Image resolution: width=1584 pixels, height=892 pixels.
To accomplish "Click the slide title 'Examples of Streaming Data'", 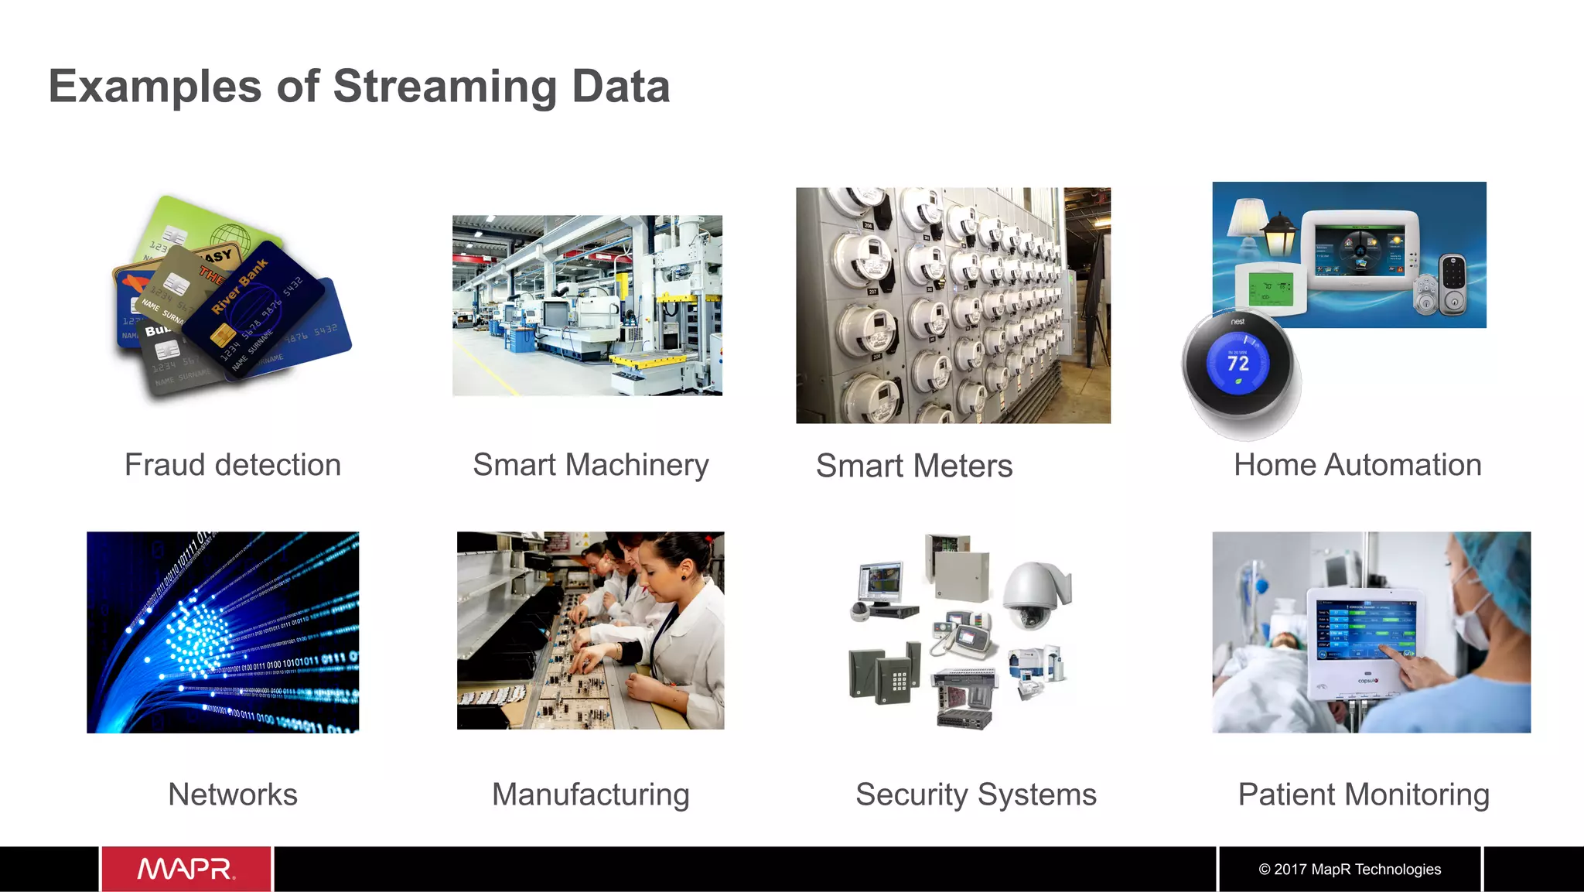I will (359, 86).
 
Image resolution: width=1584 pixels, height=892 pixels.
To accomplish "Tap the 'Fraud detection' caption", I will (233, 465).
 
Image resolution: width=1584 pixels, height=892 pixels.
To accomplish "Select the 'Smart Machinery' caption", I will (591, 465).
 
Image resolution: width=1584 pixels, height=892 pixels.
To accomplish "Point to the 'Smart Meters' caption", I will (914, 466).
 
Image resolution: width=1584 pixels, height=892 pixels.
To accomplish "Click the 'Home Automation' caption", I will (1357, 465).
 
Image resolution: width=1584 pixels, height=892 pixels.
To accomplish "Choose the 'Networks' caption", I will (233, 795).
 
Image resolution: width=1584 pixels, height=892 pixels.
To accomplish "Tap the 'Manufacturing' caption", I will (591, 795).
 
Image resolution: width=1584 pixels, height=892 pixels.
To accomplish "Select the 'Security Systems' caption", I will (976, 795).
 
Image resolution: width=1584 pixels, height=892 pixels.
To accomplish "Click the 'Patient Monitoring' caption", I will (1364, 795).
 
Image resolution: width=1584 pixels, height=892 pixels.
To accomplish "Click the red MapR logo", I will (186, 869).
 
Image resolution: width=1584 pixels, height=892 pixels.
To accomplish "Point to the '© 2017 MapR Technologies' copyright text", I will (1350, 869).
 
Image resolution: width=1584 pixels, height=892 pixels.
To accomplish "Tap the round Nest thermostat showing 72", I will (1237, 364).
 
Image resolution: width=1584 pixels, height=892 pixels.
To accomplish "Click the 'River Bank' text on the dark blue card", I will (241, 287).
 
